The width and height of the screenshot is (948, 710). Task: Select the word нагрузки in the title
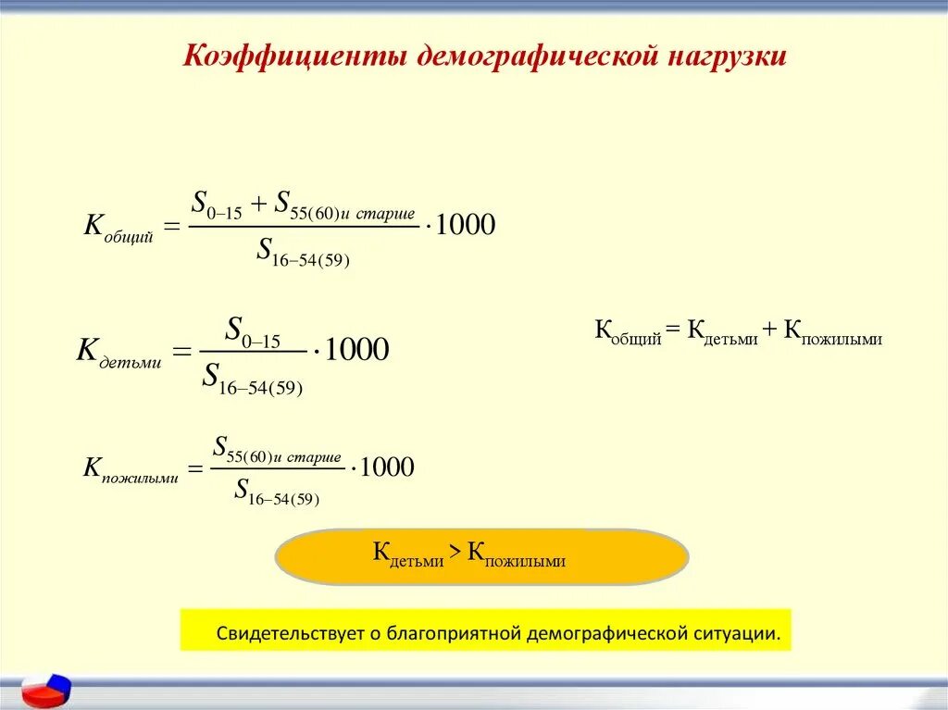(723, 56)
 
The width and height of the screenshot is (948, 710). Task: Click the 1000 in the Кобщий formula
(465, 225)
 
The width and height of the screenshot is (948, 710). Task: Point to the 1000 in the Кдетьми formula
(357, 351)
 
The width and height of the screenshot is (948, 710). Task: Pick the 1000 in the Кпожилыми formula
(386, 467)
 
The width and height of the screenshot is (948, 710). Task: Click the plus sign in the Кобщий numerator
(258, 204)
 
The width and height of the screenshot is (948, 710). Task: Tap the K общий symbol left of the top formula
(118, 228)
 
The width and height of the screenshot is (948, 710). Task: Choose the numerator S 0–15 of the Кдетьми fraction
(253, 331)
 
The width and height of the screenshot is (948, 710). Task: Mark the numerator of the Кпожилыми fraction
(277, 449)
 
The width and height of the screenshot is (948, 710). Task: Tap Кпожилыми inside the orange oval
(516, 555)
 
